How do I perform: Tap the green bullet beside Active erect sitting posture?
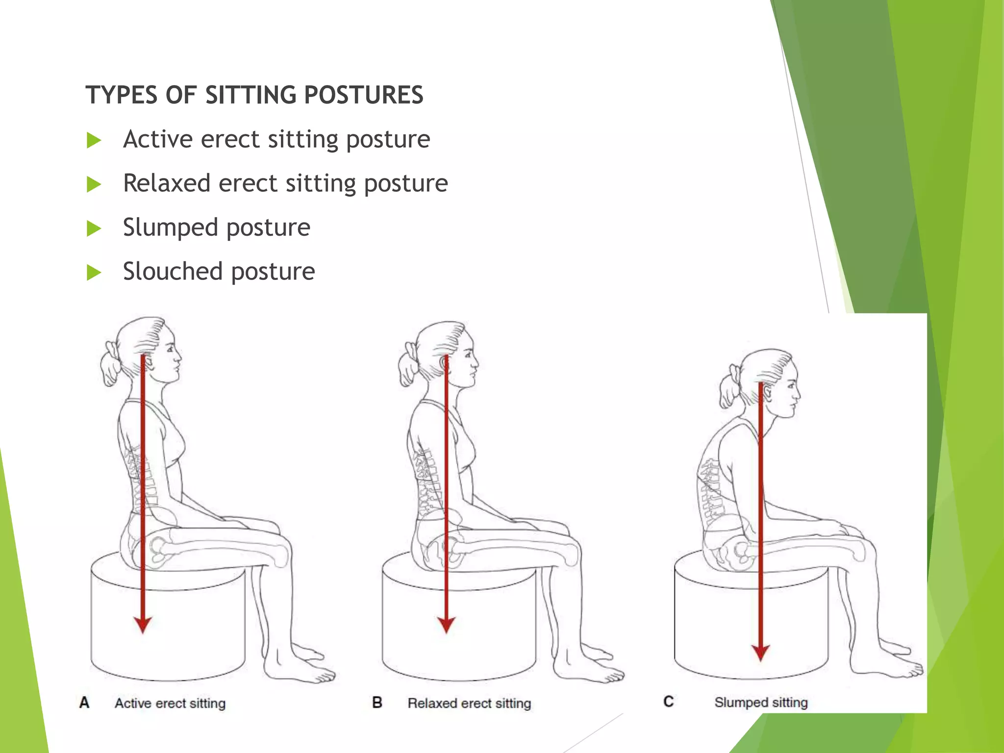(x=94, y=140)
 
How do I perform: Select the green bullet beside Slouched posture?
(x=94, y=272)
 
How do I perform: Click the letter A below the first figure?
(x=84, y=703)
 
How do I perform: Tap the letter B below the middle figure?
(x=377, y=703)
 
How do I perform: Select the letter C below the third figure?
(x=668, y=702)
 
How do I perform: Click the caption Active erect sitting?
(x=170, y=703)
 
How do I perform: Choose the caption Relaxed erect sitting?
(x=469, y=703)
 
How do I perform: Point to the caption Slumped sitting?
(x=761, y=703)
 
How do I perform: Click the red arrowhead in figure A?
(x=143, y=625)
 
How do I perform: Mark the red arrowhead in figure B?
(x=446, y=625)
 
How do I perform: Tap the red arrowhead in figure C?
(x=760, y=653)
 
